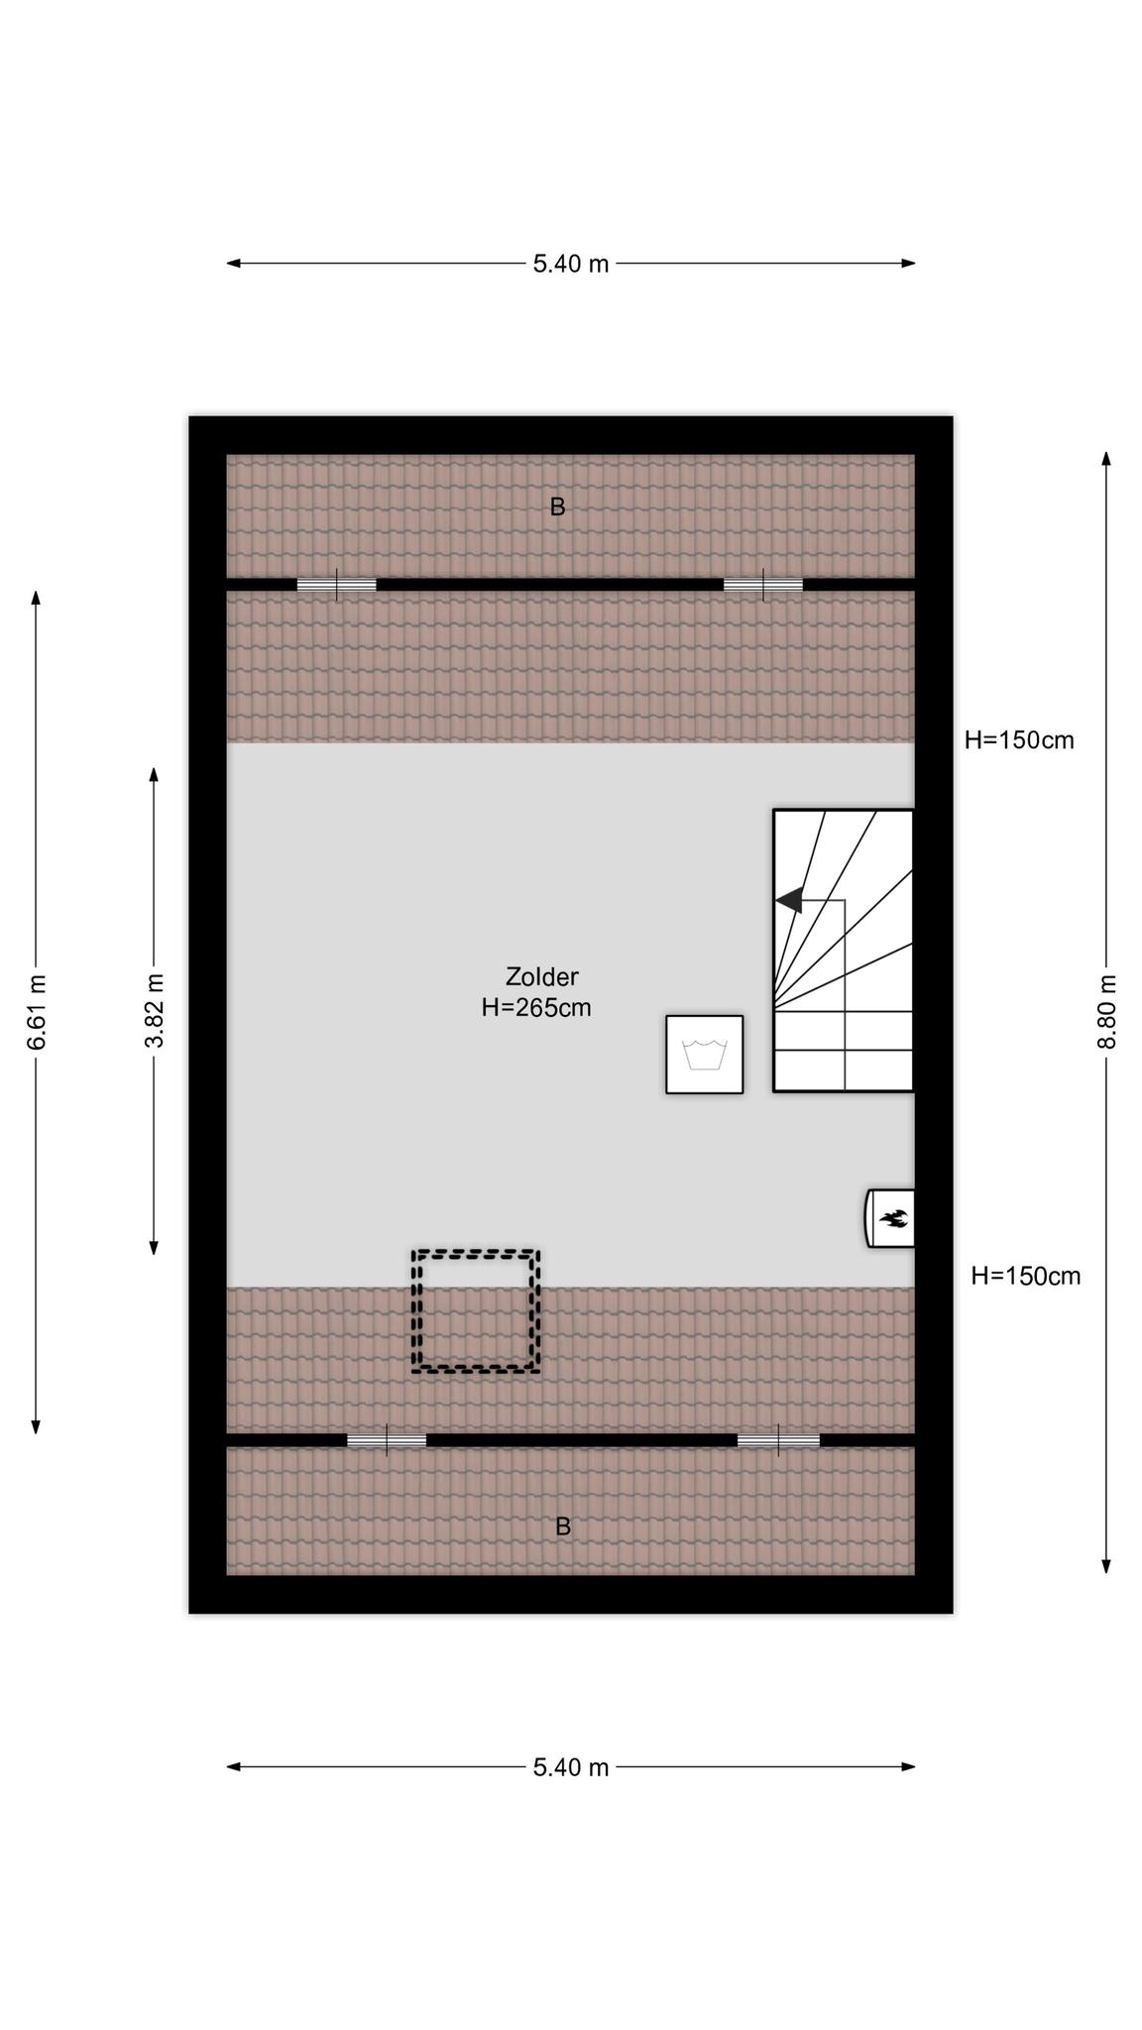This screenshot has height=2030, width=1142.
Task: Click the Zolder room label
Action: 541,976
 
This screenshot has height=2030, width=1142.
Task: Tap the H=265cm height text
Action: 536,1008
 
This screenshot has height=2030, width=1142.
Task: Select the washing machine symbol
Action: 705,1055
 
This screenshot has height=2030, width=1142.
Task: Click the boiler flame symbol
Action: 891,1218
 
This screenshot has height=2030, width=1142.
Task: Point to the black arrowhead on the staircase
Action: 789,900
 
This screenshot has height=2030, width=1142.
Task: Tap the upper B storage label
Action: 557,507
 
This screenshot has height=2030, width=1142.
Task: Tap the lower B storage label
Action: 563,1526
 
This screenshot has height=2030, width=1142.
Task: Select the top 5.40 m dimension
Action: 571,264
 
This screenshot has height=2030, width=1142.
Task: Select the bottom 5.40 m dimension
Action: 571,1767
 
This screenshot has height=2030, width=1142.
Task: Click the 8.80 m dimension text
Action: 1107,1012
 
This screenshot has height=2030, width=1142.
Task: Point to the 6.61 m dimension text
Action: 37,1012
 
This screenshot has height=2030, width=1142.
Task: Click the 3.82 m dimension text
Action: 155,1011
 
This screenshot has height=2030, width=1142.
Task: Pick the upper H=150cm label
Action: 1019,740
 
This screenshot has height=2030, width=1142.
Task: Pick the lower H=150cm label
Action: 1025,1276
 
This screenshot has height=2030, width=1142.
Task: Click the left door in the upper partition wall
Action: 337,585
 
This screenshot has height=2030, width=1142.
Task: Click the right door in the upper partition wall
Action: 763,585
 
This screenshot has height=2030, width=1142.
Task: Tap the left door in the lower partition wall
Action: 387,1440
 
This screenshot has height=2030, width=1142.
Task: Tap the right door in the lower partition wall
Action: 778,1440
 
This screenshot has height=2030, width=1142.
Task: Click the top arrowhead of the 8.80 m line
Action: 1106,458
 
